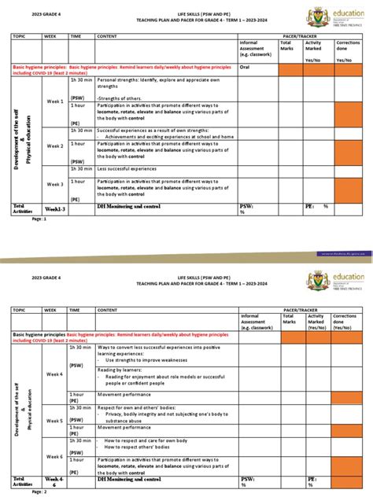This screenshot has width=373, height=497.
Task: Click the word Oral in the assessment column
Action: point(246,67)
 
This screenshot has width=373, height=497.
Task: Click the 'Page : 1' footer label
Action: point(39,219)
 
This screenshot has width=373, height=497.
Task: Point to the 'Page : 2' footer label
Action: point(39,491)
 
